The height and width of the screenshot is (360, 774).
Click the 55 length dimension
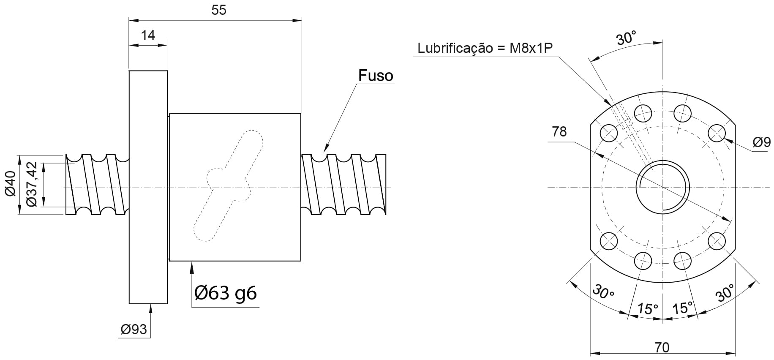219,10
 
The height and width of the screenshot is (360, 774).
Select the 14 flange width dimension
148,35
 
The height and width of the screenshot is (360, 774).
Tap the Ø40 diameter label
11,184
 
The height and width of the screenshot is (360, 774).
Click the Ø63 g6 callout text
225,292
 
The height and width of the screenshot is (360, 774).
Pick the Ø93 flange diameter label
134,329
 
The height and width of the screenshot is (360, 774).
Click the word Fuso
376,75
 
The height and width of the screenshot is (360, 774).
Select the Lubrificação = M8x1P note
485,48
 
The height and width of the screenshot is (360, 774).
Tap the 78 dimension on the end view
559,132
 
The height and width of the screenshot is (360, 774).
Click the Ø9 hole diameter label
761,142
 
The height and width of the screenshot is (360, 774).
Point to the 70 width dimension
662,347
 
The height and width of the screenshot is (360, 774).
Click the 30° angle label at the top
626,38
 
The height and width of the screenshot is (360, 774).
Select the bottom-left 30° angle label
603,292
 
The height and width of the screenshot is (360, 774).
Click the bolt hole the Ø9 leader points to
717,134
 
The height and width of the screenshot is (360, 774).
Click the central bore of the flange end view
663,187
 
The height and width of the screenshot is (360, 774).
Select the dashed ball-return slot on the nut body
229,185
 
